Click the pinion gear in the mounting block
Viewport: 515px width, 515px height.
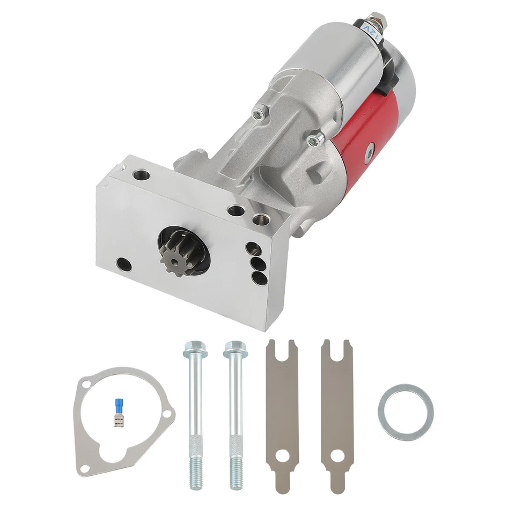(x=175, y=255)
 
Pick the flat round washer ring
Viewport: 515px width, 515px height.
(x=406, y=412)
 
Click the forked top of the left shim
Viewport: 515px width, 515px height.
(x=281, y=351)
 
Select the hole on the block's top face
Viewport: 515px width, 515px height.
(x=143, y=175)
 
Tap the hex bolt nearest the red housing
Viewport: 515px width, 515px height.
(x=316, y=139)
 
